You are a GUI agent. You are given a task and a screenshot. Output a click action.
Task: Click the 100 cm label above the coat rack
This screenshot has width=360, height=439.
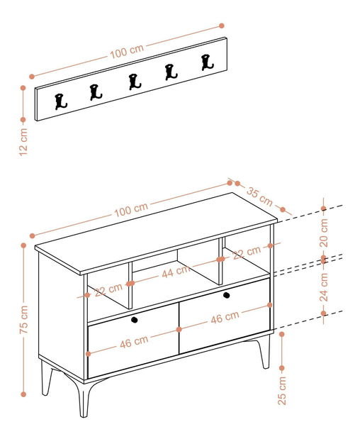click(x=127, y=52)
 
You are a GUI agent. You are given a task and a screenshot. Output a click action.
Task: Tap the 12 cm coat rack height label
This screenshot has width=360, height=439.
click(x=23, y=142)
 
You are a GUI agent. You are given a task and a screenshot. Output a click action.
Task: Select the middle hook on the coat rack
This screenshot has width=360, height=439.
click(x=135, y=82)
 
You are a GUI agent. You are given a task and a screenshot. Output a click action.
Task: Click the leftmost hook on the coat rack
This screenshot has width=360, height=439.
click(x=61, y=101)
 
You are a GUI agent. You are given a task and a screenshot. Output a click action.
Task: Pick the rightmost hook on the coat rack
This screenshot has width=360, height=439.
click(x=208, y=62)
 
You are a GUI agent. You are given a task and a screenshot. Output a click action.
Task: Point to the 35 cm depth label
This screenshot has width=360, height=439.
click(x=259, y=196)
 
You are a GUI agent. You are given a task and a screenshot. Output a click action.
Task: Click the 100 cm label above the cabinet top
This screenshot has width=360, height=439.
click(x=131, y=210)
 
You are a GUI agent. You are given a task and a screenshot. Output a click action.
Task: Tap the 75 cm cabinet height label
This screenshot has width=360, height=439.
click(x=24, y=319)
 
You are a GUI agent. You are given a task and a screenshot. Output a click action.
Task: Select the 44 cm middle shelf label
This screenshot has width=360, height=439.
click(x=176, y=271)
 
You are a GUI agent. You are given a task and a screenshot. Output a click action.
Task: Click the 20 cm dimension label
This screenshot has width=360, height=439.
click(x=324, y=233)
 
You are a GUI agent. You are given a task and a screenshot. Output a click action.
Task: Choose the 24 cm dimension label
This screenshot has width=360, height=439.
click(x=324, y=287)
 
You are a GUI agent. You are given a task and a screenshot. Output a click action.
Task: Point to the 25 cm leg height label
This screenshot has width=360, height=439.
click(x=282, y=390)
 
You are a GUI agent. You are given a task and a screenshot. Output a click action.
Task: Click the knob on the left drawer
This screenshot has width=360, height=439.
click(x=135, y=319)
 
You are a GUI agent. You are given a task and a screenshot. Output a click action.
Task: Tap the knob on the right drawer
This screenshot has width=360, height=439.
click(x=227, y=295)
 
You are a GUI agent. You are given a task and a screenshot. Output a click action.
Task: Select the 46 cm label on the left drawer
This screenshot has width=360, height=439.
click(x=134, y=342)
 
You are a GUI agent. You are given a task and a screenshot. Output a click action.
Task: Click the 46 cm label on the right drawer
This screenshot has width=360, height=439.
click(x=225, y=317)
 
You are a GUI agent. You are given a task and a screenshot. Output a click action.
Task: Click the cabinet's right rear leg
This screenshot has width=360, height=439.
click(x=265, y=352)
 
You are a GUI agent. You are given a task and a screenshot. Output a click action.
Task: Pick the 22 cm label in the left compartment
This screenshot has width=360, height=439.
click(x=108, y=290)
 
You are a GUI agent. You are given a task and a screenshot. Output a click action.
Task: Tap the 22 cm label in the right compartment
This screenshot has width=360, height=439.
click(x=247, y=252)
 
